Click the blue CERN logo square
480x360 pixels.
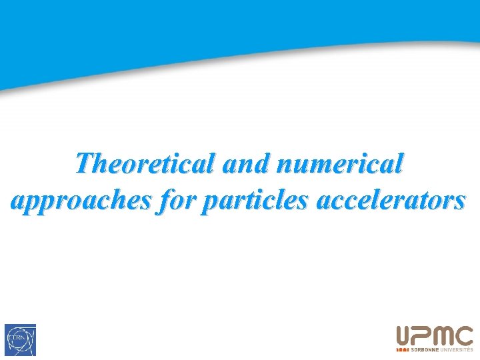20,340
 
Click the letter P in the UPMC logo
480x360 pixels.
424,336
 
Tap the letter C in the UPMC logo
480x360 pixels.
465,336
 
